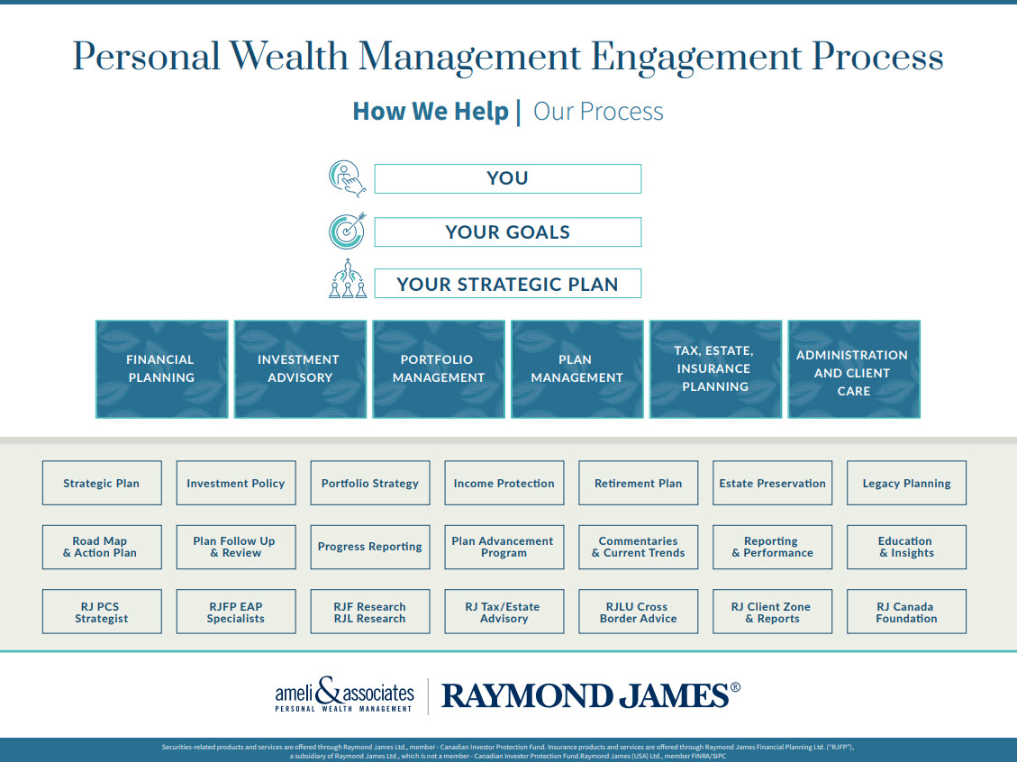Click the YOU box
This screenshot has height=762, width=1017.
pyautogui.click(x=508, y=178)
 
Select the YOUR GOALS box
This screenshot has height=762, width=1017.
pyautogui.click(x=508, y=231)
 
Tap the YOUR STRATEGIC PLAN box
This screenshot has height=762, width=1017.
pyautogui.click(x=508, y=284)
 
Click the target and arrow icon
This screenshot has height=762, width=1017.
pyautogui.click(x=348, y=231)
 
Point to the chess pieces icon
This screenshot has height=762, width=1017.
pyautogui.click(x=348, y=279)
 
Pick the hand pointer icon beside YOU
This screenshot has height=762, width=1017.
pyautogui.click(x=347, y=178)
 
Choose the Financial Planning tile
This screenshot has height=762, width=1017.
pyautogui.click(x=161, y=369)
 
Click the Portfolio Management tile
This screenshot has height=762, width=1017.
pyautogui.click(x=439, y=369)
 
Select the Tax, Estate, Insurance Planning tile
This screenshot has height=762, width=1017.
pyautogui.click(x=715, y=369)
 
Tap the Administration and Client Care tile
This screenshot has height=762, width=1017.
pyautogui.click(x=854, y=369)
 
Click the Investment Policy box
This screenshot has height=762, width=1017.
pyautogui.click(x=236, y=483)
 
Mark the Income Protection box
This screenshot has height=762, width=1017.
pyautogui.click(x=504, y=483)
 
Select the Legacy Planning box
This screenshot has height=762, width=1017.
pyautogui.click(x=907, y=483)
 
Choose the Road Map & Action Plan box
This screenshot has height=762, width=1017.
pyautogui.click(x=102, y=548)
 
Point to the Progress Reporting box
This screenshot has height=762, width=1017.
pyautogui.click(x=370, y=548)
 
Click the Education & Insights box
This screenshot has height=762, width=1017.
pyautogui.click(x=907, y=548)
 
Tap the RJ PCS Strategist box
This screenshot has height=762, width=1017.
pyautogui.click(x=102, y=612)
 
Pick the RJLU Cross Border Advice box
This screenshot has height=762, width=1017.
pyautogui.click(x=639, y=612)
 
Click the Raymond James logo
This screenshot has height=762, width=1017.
pyautogui.click(x=591, y=696)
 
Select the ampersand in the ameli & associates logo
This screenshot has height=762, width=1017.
pyautogui.click(x=328, y=692)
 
